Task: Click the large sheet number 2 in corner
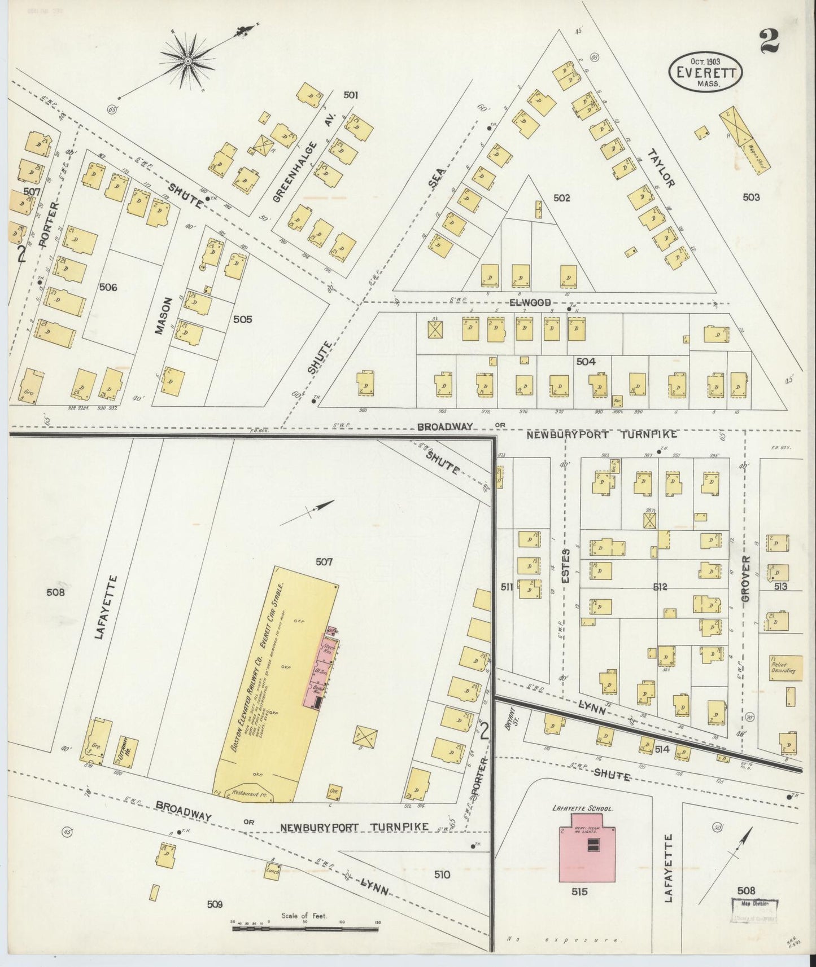point(769,41)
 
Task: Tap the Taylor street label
point(661,168)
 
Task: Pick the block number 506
point(108,287)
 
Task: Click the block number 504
point(586,362)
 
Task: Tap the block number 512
point(660,587)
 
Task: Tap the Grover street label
point(747,582)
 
